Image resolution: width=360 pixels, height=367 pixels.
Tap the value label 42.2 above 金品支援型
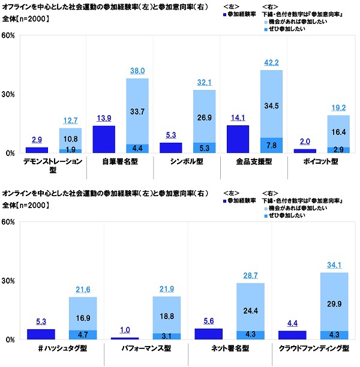(x=272, y=62)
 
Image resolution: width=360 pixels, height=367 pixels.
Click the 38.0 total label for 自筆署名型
(x=137, y=71)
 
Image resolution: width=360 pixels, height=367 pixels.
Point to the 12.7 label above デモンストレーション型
(x=70, y=120)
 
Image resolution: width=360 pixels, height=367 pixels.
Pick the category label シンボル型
(x=187, y=162)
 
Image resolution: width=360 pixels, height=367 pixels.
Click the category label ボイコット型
(x=322, y=162)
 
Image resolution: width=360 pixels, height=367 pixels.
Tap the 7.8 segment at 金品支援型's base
(x=272, y=145)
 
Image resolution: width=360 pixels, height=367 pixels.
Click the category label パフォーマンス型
(x=146, y=348)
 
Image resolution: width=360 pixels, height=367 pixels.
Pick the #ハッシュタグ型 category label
(x=62, y=348)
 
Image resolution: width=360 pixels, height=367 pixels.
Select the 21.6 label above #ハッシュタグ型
(x=83, y=290)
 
